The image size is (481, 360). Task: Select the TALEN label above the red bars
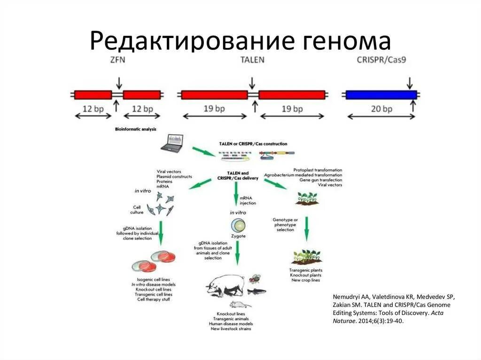[252, 60]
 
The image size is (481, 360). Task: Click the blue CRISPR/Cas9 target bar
[381, 94]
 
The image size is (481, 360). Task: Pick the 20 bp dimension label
[381, 109]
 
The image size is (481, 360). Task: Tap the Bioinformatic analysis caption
[136, 129]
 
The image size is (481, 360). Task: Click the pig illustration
[225, 284]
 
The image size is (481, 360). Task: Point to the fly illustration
[255, 280]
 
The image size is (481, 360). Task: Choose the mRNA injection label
[248, 200]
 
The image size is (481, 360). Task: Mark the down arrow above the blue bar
[410, 83]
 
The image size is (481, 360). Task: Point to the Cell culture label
[137, 209]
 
